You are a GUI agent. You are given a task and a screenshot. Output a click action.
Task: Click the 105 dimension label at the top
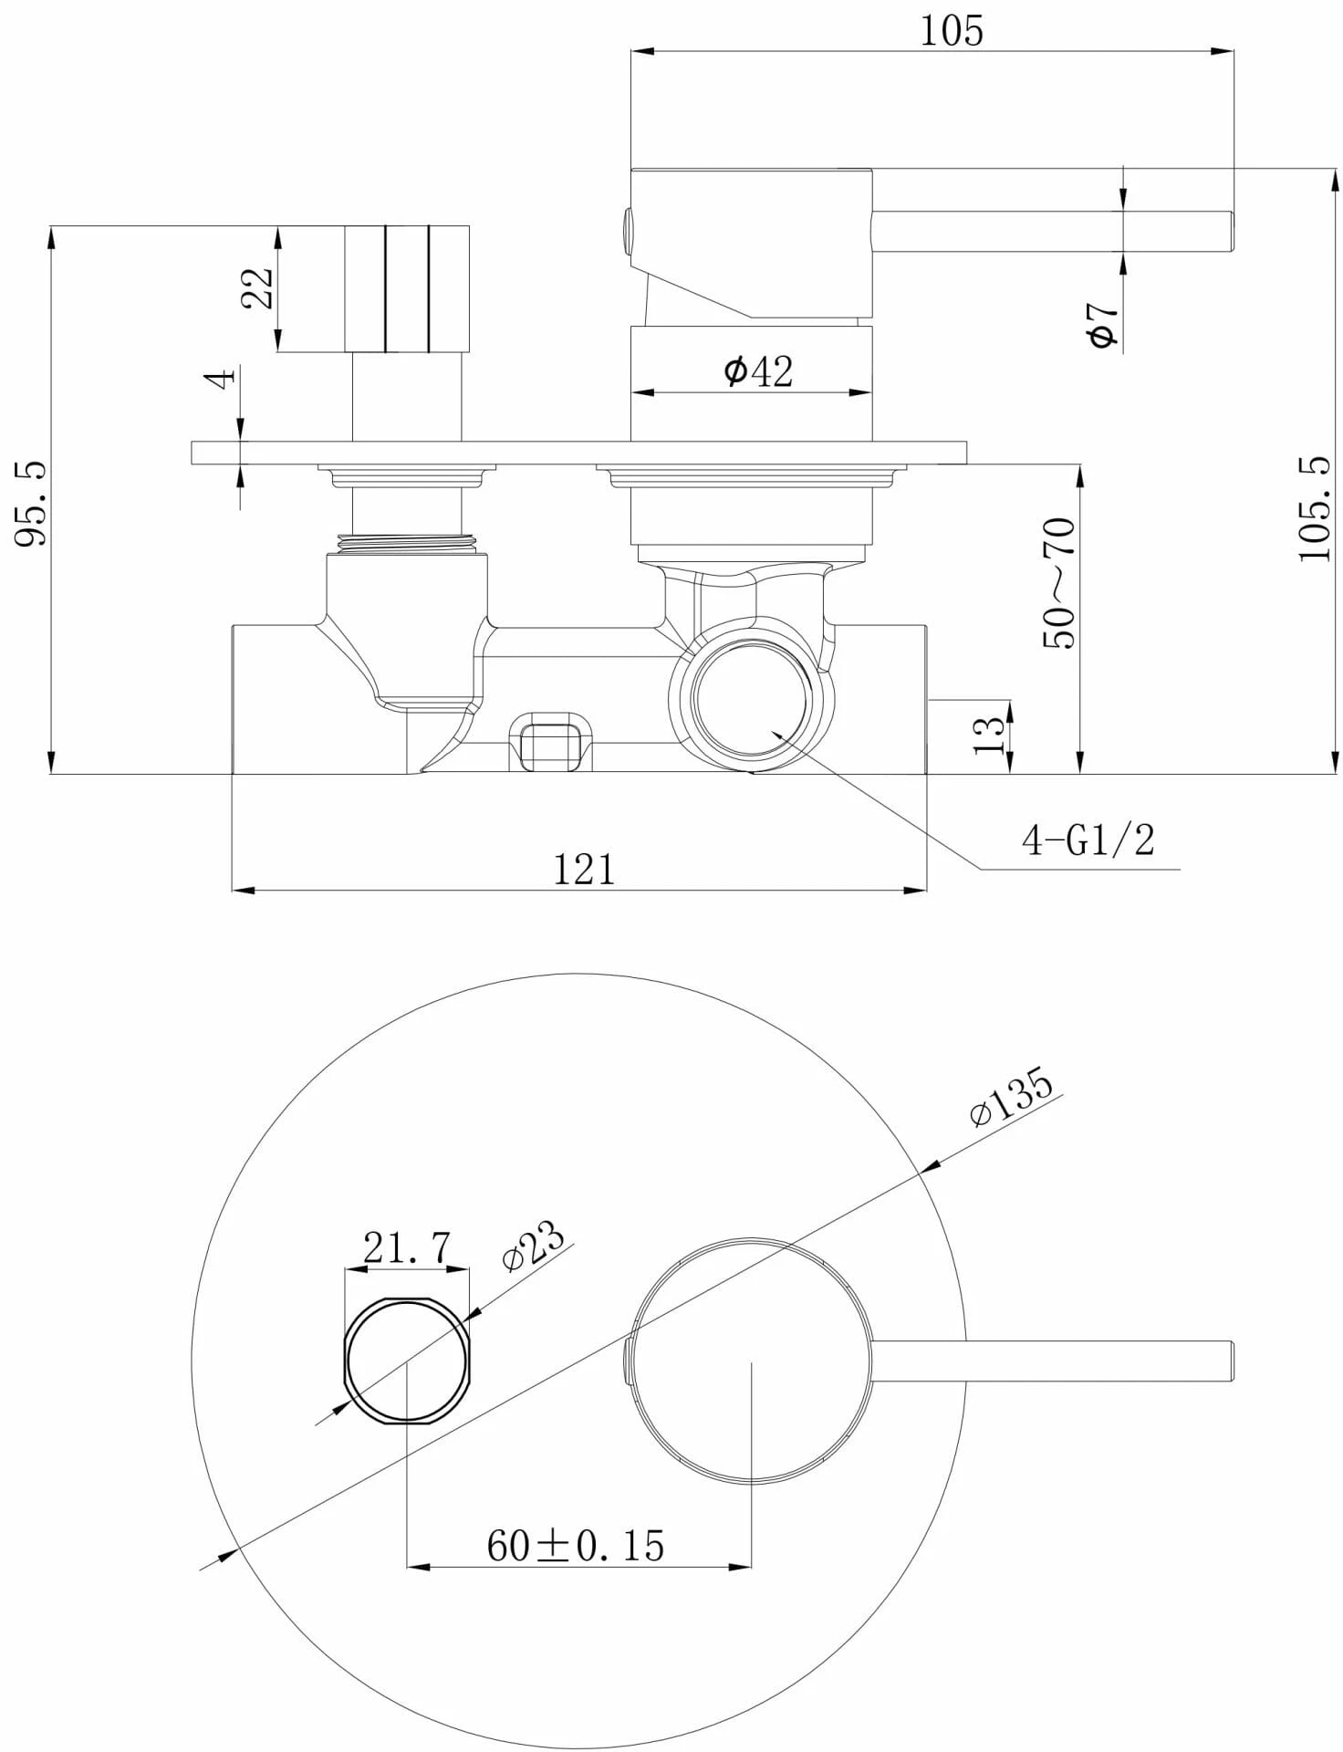[951, 31]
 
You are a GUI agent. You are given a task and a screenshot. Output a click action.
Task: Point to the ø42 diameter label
[758, 371]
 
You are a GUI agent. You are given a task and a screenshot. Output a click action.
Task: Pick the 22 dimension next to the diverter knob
[257, 288]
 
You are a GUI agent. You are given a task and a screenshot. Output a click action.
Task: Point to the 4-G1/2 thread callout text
[1088, 840]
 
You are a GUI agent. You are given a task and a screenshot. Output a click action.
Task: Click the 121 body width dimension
[584, 869]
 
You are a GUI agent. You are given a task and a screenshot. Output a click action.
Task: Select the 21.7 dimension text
[407, 1247]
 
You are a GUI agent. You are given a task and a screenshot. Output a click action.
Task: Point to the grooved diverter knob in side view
[407, 288]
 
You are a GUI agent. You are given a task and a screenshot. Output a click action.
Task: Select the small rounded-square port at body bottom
[549, 740]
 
